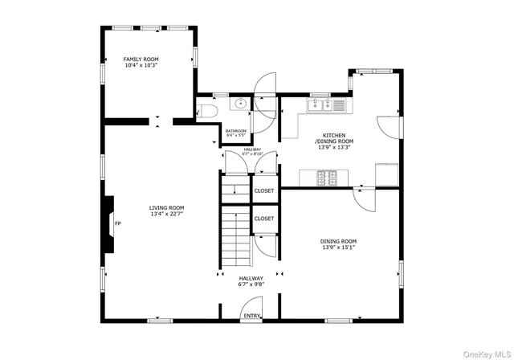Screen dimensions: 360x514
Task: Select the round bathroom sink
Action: tap(239, 104)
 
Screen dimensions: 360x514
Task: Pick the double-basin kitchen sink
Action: tap(320, 103)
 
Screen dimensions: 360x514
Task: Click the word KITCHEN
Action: tap(335, 136)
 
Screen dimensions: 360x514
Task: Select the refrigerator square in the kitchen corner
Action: tap(387, 174)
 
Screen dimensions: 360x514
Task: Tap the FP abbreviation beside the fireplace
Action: tap(117, 223)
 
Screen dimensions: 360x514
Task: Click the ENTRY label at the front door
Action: tap(251, 316)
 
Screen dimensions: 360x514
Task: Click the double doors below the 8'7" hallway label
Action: tap(251, 164)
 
